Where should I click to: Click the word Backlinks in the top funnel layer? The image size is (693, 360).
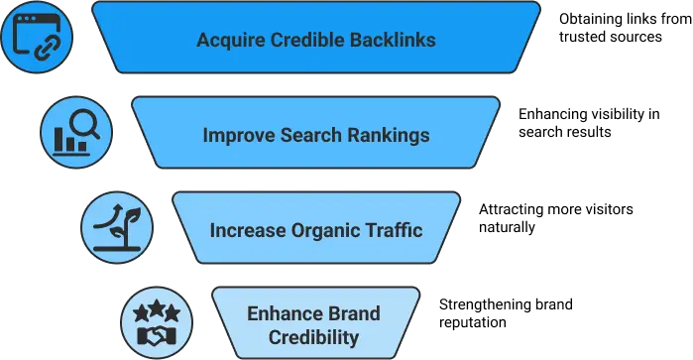(393, 40)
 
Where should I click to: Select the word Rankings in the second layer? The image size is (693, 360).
(389, 135)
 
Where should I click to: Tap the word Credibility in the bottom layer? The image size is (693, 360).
(314, 337)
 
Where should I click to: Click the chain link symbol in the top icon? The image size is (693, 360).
(48, 48)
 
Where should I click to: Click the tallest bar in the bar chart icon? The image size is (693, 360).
(58, 139)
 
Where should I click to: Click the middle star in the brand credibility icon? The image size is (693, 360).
(157, 308)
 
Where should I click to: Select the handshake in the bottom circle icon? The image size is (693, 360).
(157, 336)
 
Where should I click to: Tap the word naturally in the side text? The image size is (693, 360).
(507, 227)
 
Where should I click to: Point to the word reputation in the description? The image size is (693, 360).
(473, 322)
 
